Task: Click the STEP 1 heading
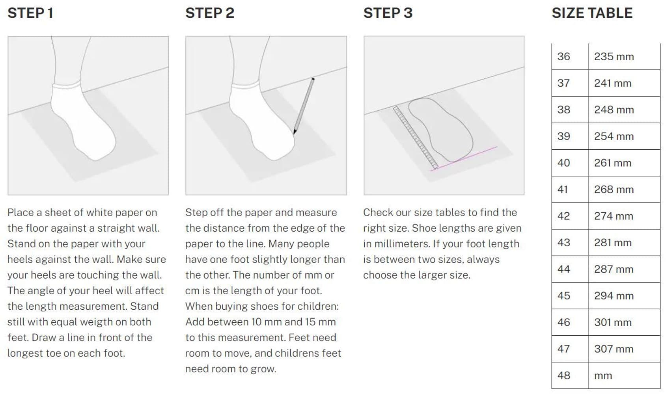pos(30,13)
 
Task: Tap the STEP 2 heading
pos(210,13)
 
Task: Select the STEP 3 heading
pos(388,13)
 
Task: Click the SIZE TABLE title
pos(592,13)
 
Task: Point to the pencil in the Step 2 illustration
pos(304,106)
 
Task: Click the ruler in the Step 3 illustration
pos(415,138)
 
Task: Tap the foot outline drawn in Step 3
pos(440,130)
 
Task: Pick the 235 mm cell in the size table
pos(614,56)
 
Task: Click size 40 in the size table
pos(563,163)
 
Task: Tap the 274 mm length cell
pos(614,216)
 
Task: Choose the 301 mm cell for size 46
pos(613,322)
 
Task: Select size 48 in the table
pos(563,375)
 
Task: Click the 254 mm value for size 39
pos(614,136)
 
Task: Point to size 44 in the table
pos(563,269)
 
